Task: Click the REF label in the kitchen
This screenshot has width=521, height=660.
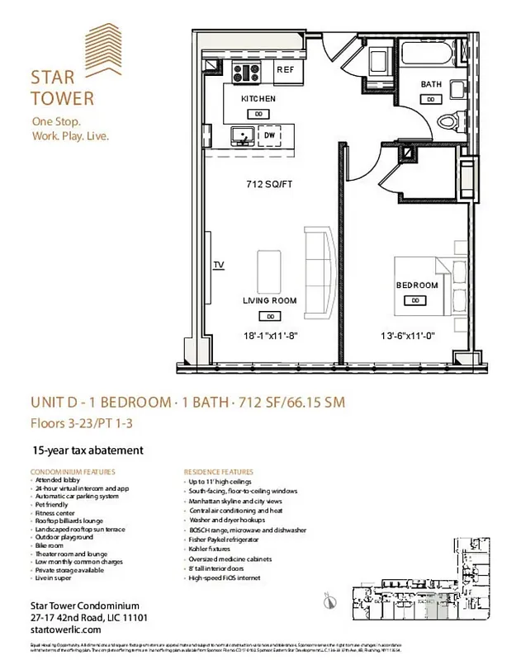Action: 285,70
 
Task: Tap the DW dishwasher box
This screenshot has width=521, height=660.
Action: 269,134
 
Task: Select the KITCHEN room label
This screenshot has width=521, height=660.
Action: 258,99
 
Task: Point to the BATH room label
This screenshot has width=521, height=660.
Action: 431,84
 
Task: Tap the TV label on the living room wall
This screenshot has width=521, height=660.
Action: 219,265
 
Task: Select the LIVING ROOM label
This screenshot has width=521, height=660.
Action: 269,301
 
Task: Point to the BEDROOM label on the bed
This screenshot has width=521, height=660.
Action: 417,285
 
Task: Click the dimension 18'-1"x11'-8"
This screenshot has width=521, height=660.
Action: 269,337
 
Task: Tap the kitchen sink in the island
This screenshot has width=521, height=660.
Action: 243,134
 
